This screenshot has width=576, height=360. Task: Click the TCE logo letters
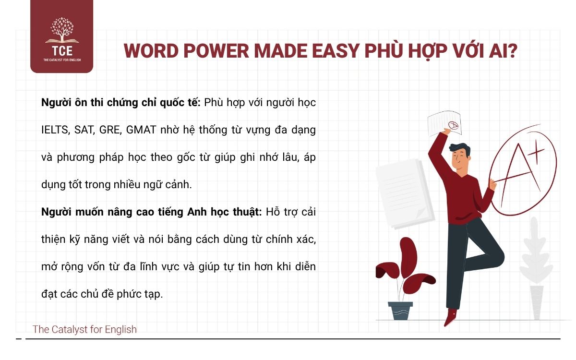pyautogui.click(x=61, y=49)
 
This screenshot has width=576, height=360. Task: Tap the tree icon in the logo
pyautogui.click(x=61, y=30)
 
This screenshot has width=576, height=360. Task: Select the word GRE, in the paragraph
pyautogui.click(x=111, y=130)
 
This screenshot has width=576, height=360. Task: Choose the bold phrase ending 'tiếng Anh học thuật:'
pyautogui.click(x=152, y=212)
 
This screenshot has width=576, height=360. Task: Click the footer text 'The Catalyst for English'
pyautogui.click(x=84, y=330)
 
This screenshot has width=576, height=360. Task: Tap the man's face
pyautogui.click(x=460, y=158)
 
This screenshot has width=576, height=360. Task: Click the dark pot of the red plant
pyautogui.click(x=400, y=311)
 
